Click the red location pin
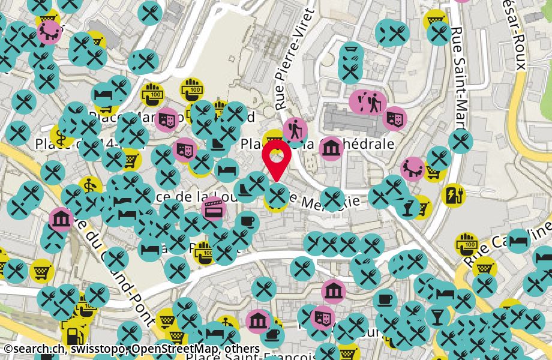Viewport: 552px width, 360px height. [x=277, y=159]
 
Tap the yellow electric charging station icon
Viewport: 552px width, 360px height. [x=452, y=194]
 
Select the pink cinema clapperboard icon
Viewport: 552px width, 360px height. [x=214, y=208]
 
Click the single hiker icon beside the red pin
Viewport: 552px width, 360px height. [x=295, y=129]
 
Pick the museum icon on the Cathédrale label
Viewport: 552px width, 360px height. [x=331, y=148]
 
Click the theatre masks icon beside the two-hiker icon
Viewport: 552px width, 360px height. [x=394, y=118]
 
